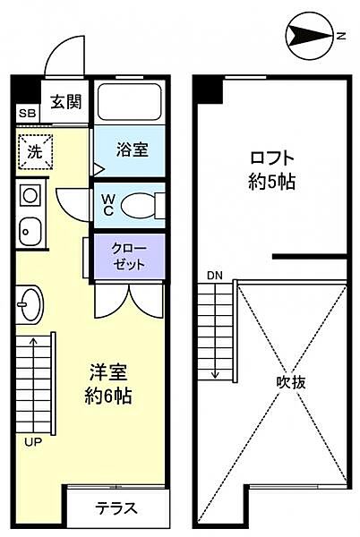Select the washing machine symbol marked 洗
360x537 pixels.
click(x=34, y=151)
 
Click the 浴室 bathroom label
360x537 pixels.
click(x=133, y=150)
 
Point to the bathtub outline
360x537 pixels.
click(x=130, y=105)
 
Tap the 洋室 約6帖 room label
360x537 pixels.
click(x=109, y=383)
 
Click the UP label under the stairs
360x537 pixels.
click(x=30, y=441)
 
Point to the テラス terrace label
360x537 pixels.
click(x=117, y=508)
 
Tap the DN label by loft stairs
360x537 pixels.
click(x=215, y=274)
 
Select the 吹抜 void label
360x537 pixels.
click(x=291, y=382)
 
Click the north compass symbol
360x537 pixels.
click(x=310, y=37)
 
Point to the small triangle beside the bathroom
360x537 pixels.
click(x=98, y=166)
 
